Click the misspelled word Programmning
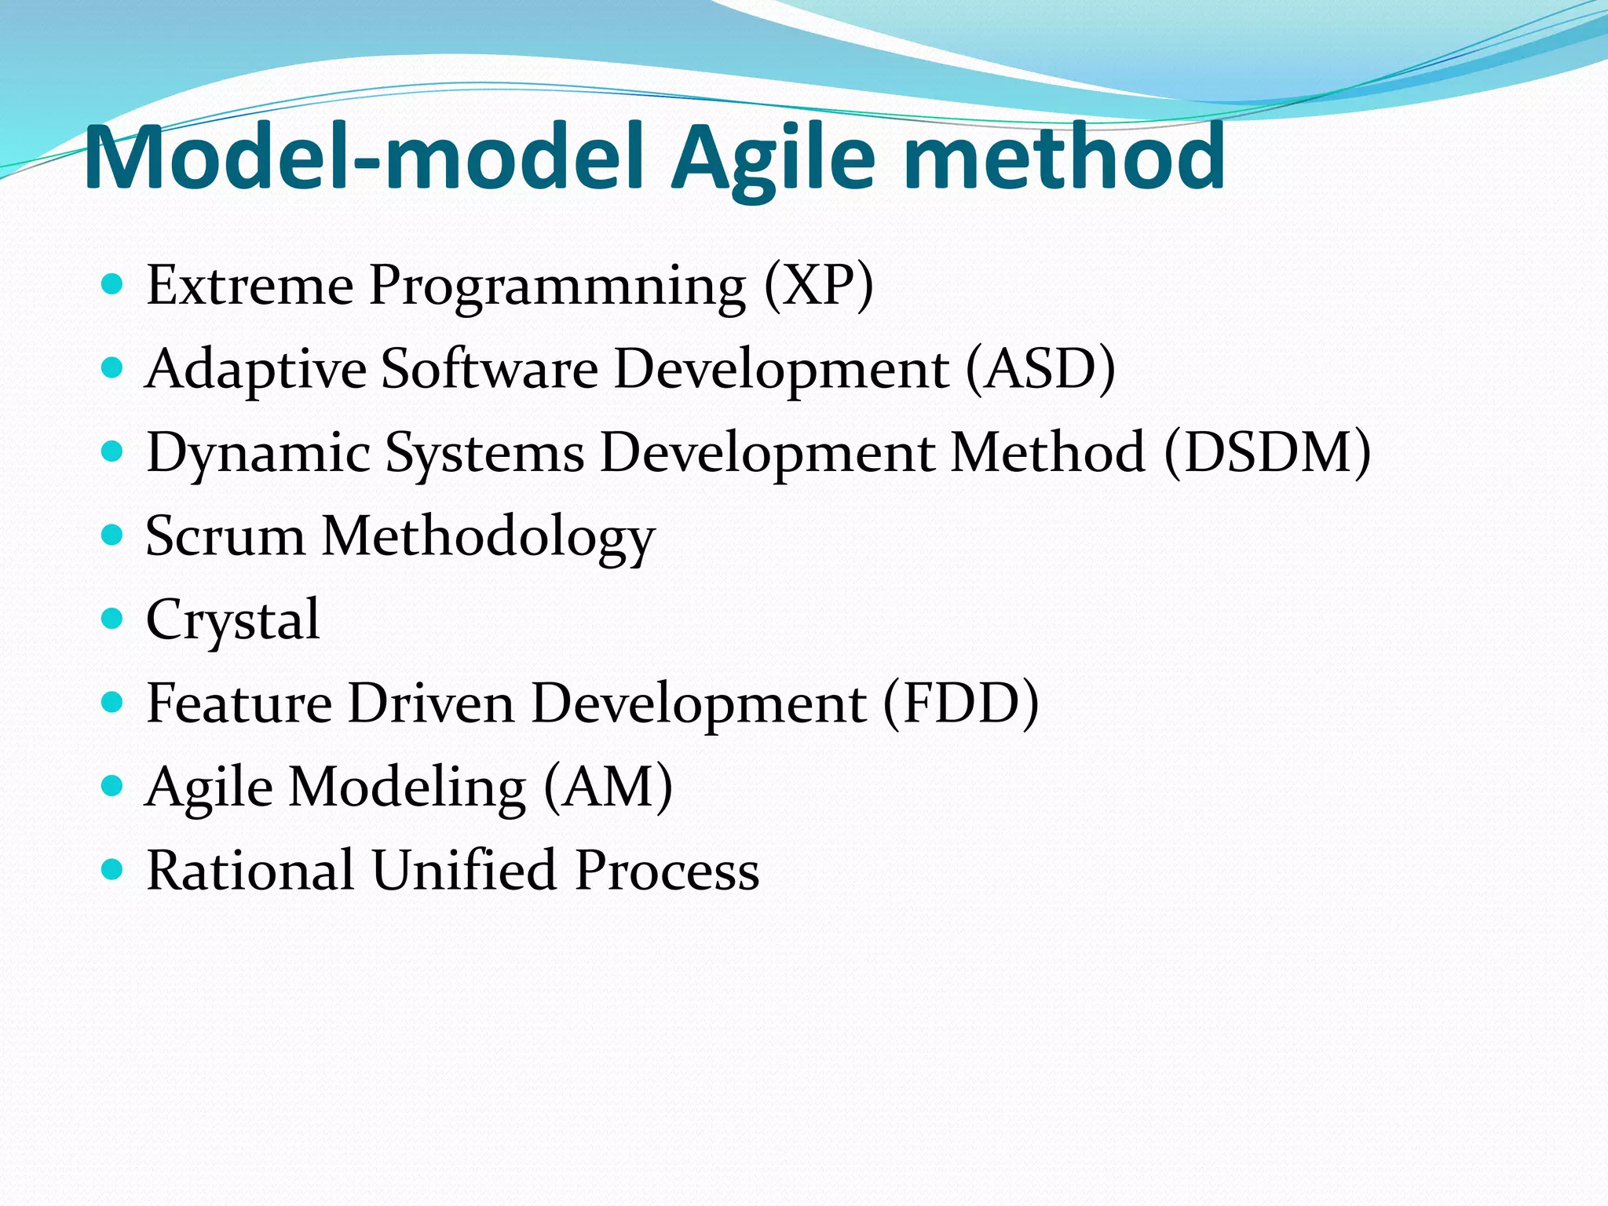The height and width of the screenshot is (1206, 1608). [557, 287]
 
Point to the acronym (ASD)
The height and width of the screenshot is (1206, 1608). [1040, 368]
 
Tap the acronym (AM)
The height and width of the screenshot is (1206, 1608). [608, 787]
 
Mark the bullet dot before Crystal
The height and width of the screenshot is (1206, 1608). [113, 619]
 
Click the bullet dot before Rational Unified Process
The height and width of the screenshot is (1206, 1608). [113, 869]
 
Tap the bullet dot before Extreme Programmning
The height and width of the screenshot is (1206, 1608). [113, 283]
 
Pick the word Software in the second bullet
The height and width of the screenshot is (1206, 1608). [490, 368]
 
